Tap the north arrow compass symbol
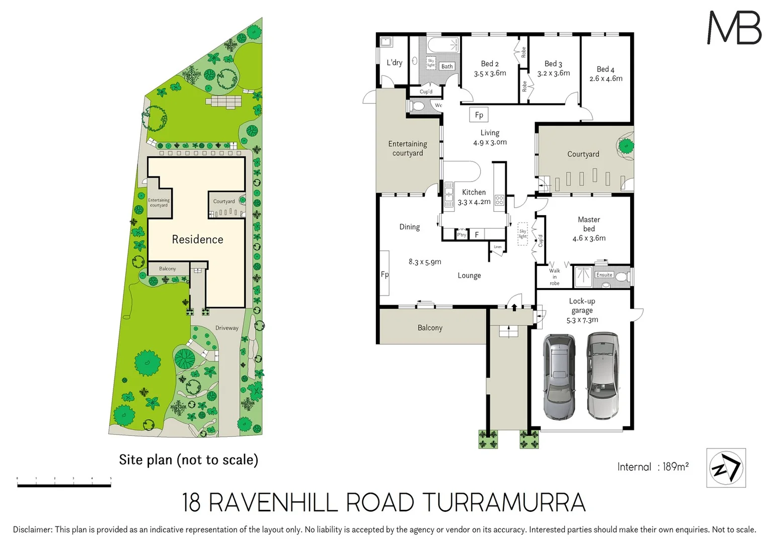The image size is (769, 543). point(726,468)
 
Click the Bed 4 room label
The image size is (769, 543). point(605,69)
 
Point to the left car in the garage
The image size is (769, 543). point(559,377)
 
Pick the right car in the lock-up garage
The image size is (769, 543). point(603,375)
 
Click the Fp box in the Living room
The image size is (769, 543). point(479,115)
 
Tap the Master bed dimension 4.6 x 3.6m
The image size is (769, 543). point(589,238)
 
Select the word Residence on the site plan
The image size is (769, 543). point(197,239)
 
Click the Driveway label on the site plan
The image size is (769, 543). point(227,328)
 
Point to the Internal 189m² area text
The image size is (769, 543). point(653,467)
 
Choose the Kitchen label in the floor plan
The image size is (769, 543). point(474,192)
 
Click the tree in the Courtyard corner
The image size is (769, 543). point(626,147)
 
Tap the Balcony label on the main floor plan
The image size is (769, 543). point(430,328)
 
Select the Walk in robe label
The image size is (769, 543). point(554,277)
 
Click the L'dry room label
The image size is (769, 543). point(394,63)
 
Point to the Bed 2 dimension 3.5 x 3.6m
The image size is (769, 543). point(490,73)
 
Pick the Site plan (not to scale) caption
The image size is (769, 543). point(188,460)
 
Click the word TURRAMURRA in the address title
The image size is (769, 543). point(504,503)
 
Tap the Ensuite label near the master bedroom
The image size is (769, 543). point(604,275)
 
